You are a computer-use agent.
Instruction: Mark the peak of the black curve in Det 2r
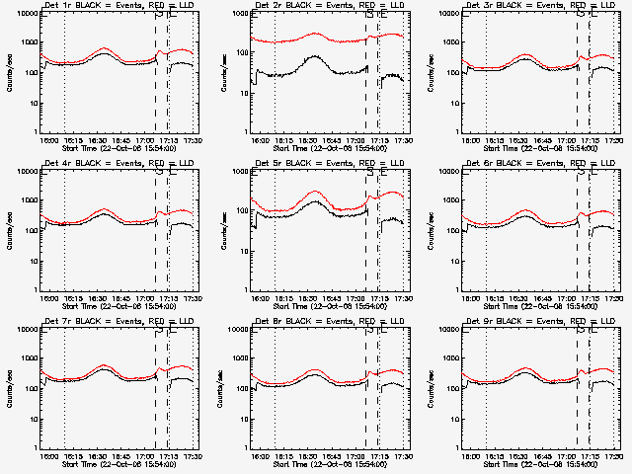tap(313, 56)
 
